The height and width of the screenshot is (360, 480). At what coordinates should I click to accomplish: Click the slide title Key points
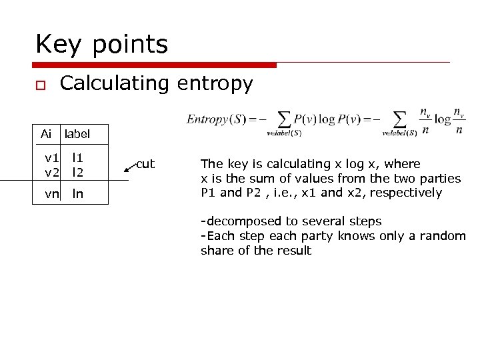click(101, 45)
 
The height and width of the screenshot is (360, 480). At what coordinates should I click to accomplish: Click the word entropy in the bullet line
click(215, 84)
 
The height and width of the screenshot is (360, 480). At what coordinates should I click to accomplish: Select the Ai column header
click(46, 134)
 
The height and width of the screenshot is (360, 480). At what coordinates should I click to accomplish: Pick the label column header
click(77, 134)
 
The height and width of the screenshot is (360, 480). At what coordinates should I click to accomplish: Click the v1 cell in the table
click(51, 158)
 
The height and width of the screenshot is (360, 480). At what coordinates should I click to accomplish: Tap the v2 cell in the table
click(51, 172)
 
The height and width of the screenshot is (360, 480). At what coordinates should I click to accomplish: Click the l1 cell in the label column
click(78, 158)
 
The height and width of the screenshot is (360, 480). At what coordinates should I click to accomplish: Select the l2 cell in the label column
click(78, 172)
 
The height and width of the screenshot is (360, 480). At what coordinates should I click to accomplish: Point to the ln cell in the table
click(78, 194)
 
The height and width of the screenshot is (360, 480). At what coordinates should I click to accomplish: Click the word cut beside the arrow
click(145, 164)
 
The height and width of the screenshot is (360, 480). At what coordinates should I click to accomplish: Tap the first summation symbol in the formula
click(284, 119)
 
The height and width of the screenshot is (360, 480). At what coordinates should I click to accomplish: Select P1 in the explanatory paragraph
click(209, 193)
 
